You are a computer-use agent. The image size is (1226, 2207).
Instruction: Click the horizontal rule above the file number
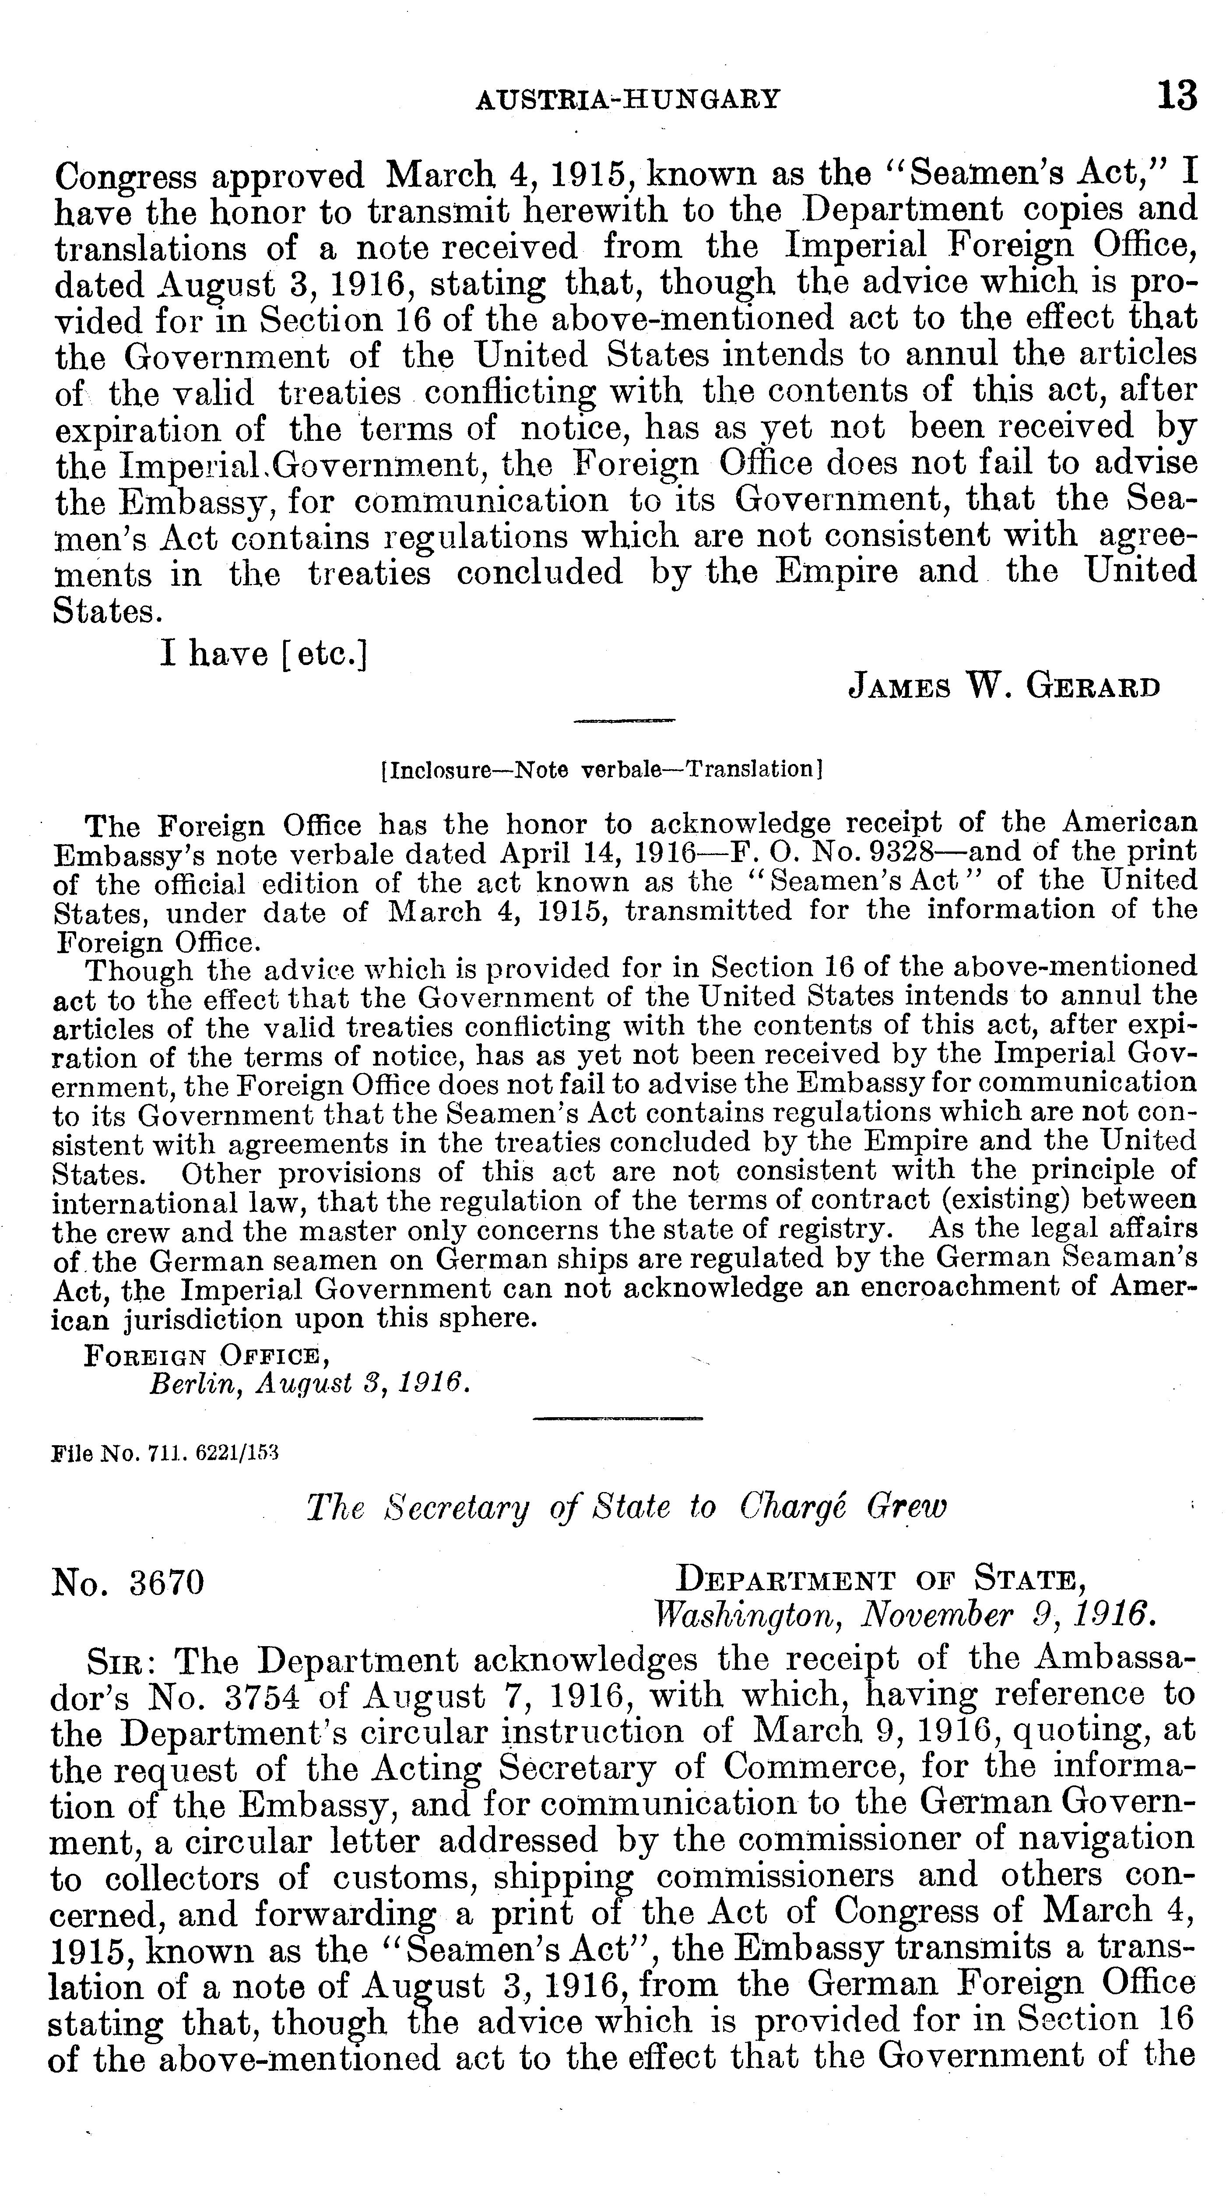pyautogui.click(x=617, y=1419)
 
